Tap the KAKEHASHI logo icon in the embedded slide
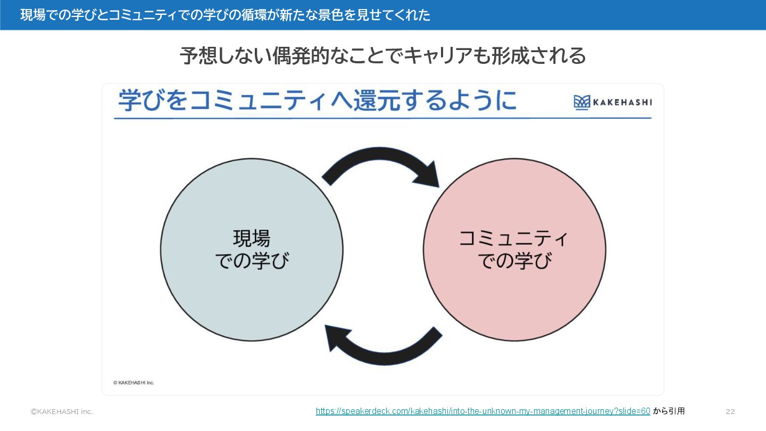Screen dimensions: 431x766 [582, 102]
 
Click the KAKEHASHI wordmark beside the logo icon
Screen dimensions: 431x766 [623, 102]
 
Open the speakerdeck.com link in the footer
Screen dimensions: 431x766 [482, 411]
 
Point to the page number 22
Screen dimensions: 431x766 [730, 411]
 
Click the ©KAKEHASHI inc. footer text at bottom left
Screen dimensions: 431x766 [62, 411]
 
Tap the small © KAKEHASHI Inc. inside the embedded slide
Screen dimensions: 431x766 [134, 383]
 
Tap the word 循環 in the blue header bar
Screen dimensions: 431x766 [243, 15]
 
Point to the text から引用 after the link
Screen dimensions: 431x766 [669, 411]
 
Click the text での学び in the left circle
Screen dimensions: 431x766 [252, 261]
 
